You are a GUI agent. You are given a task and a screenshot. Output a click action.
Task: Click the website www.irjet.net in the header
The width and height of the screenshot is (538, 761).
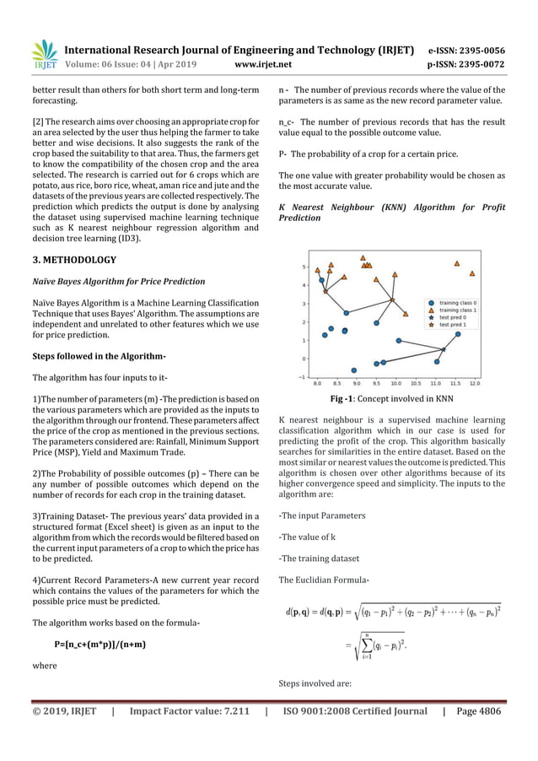click(x=268, y=63)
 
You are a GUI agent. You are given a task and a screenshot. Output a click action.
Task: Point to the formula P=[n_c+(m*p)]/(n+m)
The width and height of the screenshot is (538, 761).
click(x=100, y=645)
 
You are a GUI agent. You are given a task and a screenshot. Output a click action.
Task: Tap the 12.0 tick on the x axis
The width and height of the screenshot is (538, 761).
click(x=474, y=383)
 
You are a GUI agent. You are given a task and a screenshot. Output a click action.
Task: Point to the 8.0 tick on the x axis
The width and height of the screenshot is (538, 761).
click(x=317, y=383)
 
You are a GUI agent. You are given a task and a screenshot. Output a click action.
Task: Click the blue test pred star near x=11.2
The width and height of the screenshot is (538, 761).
click(x=444, y=348)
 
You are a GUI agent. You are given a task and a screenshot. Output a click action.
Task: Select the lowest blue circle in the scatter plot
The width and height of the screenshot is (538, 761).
click(x=353, y=370)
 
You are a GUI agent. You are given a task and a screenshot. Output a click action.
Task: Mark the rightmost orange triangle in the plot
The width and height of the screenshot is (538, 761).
click(x=472, y=273)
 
